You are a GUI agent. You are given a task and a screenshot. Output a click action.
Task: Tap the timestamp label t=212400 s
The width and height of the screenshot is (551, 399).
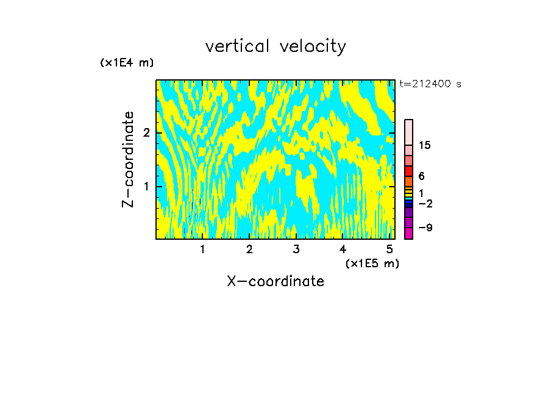click(430, 84)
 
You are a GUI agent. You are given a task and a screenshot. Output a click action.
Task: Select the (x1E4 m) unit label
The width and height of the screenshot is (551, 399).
click(127, 63)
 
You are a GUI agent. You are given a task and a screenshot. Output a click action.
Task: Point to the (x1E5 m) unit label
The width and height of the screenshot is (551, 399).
click(372, 263)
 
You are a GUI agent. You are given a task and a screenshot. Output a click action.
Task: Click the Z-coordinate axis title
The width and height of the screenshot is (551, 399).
click(128, 159)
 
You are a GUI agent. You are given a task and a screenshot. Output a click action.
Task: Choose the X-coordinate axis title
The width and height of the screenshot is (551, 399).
click(275, 281)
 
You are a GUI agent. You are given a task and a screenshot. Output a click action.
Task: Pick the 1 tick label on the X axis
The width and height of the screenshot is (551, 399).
click(202, 250)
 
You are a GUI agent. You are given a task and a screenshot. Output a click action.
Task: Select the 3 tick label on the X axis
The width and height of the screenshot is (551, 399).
click(296, 250)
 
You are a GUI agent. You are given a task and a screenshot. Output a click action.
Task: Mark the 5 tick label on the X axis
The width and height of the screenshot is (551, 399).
click(389, 250)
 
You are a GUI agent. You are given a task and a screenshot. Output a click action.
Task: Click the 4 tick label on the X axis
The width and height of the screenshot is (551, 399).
click(343, 250)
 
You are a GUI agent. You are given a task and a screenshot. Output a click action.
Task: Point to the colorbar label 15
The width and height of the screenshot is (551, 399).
click(425, 145)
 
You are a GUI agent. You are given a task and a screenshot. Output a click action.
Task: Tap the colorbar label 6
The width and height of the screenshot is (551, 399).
click(421, 176)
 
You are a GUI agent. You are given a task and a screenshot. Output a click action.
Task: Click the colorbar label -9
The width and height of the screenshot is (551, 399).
click(425, 228)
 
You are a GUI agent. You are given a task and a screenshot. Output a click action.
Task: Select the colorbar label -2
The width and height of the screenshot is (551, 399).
click(425, 203)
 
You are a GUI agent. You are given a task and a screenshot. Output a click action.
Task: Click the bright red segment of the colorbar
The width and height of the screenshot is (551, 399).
click(408, 171)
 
